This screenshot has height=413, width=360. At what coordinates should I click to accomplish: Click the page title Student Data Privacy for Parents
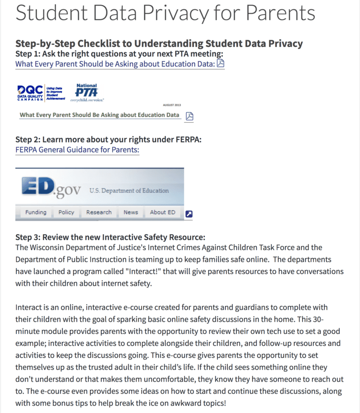pyautogui.click(x=165, y=13)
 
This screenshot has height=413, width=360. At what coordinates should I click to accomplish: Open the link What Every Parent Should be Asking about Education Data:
pyautogui.click(x=115, y=64)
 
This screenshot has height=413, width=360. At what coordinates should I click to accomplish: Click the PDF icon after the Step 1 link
pyautogui.click(x=220, y=64)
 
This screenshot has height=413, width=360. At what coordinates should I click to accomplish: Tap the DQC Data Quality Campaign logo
pyautogui.click(x=41, y=93)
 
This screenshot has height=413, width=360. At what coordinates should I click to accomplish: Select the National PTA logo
pyautogui.click(x=87, y=93)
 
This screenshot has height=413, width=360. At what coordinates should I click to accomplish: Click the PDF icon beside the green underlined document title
pyautogui.click(x=189, y=116)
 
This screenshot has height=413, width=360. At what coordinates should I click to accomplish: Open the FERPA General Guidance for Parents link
pyautogui.click(x=77, y=149)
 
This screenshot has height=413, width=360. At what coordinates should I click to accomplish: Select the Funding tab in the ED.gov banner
pyautogui.click(x=36, y=212)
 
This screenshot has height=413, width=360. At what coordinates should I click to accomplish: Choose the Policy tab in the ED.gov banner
pyautogui.click(x=66, y=212)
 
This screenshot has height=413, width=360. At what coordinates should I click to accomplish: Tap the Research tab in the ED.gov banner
pyautogui.click(x=99, y=212)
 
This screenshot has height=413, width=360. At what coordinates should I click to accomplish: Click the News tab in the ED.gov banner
pyautogui.click(x=131, y=212)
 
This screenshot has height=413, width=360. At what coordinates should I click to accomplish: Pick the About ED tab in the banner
pyautogui.click(x=162, y=212)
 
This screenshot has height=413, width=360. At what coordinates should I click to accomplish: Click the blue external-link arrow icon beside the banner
pyautogui.click(x=189, y=214)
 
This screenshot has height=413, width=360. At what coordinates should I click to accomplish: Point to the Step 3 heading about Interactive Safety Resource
pyautogui.click(x=110, y=237)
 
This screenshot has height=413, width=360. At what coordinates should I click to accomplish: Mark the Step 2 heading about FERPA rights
pyautogui.click(x=108, y=140)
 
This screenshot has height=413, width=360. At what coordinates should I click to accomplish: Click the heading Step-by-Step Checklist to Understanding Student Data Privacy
pyautogui.click(x=159, y=44)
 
